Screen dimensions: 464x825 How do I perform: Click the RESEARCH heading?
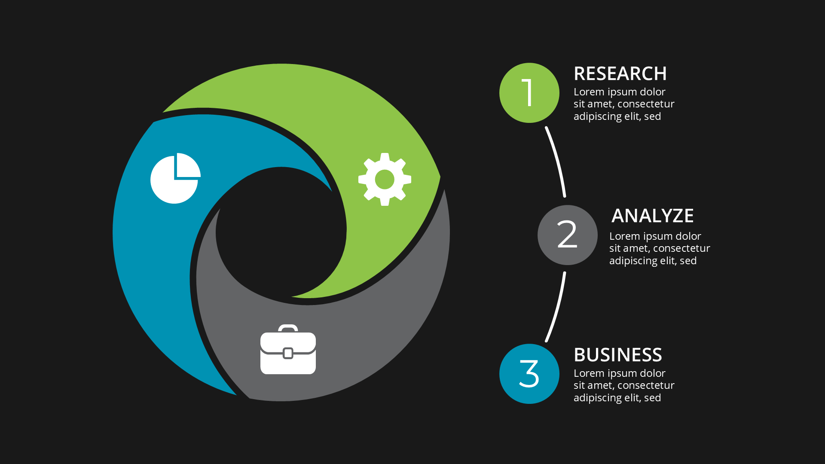(x=620, y=74)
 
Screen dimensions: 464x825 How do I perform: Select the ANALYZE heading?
(x=652, y=216)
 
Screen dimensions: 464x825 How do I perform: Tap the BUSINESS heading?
(x=617, y=355)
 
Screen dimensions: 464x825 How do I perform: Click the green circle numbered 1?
(x=529, y=93)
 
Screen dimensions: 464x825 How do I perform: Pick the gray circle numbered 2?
(x=567, y=235)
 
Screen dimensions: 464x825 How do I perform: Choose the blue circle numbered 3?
(x=529, y=374)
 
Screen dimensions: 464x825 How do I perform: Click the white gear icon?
(x=385, y=179)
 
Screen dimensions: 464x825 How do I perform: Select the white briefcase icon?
(x=288, y=352)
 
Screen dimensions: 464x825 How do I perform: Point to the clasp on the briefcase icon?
(x=288, y=353)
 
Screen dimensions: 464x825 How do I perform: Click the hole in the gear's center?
(x=385, y=179)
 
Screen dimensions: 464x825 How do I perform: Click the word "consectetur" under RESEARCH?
(x=645, y=104)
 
